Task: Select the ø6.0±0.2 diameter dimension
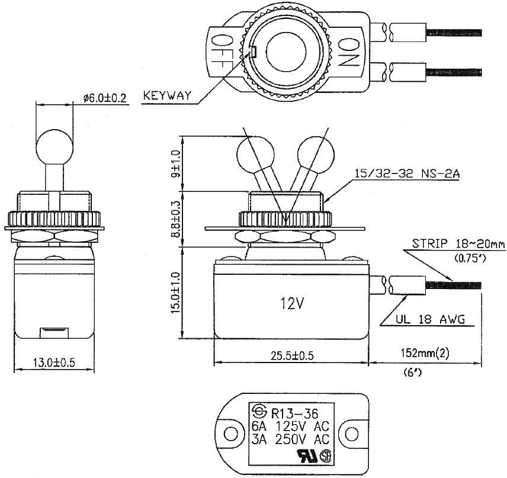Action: tap(105, 98)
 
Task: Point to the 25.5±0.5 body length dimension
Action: tap(290, 355)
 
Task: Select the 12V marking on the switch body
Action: tap(291, 304)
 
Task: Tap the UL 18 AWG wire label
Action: tap(429, 320)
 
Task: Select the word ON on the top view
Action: tap(349, 52)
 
